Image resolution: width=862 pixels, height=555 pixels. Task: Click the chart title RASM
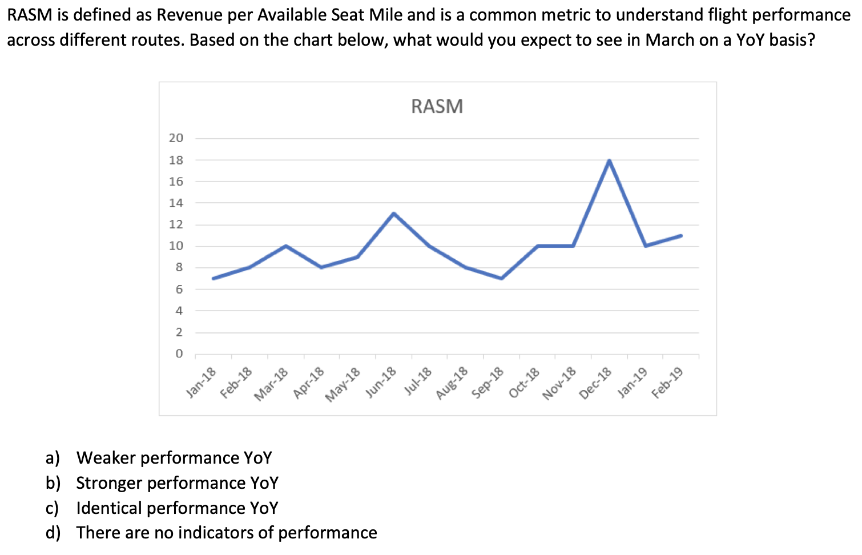tap(437, 106)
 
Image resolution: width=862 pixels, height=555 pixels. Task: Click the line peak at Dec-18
tap(609, 160)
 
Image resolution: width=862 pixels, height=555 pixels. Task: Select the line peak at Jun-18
tap(394, 214)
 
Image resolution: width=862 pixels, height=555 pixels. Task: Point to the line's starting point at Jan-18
tap(214, 278)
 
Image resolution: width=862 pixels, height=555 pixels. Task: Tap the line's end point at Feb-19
tap(681, 235)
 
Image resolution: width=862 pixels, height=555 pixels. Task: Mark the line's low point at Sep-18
tap(501, 278)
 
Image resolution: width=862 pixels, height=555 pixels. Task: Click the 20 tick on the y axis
tap(176, 138)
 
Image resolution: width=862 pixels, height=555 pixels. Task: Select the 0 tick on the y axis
tap(179, 353)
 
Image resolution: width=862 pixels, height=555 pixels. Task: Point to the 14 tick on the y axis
tap(176, 203)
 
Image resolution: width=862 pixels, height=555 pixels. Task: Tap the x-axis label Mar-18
tap(272, 384)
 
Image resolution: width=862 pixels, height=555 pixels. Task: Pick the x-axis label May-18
tap(343, 384)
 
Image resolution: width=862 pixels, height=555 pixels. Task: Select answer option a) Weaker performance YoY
tap(174, 458)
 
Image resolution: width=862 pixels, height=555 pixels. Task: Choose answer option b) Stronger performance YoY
tap(177, 483)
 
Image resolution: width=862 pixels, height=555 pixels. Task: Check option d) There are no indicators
tap(226, 533)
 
